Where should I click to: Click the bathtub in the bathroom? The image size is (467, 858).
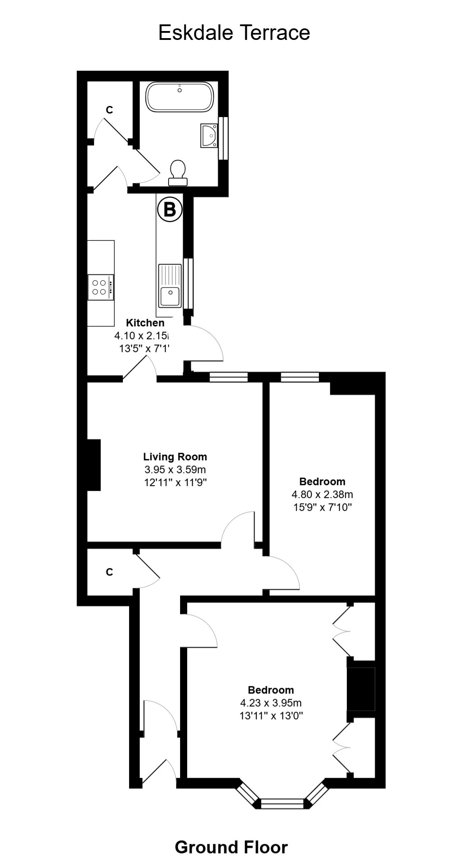tap(180, 97)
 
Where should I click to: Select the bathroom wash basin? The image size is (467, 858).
tap(208, 135)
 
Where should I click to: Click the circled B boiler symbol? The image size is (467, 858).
tap(170, 209)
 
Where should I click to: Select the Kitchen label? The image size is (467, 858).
tap(145, 323)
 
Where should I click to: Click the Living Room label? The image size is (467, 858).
tap(175, 457)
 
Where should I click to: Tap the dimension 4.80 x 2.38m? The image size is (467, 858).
tap(322, 494)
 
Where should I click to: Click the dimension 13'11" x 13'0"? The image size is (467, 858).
tap(271, 715)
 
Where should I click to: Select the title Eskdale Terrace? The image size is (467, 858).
tap(234, 33)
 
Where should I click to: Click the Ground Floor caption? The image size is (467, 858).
tap(231, 835)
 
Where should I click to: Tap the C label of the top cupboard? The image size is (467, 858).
tap(109, 110)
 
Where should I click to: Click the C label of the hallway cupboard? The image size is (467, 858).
tap(109, 572)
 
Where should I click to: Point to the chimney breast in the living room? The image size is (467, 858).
tap(94, 465)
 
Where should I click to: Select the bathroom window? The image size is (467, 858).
tap(224, 138)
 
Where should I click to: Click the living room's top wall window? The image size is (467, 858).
tap(228, 377)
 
